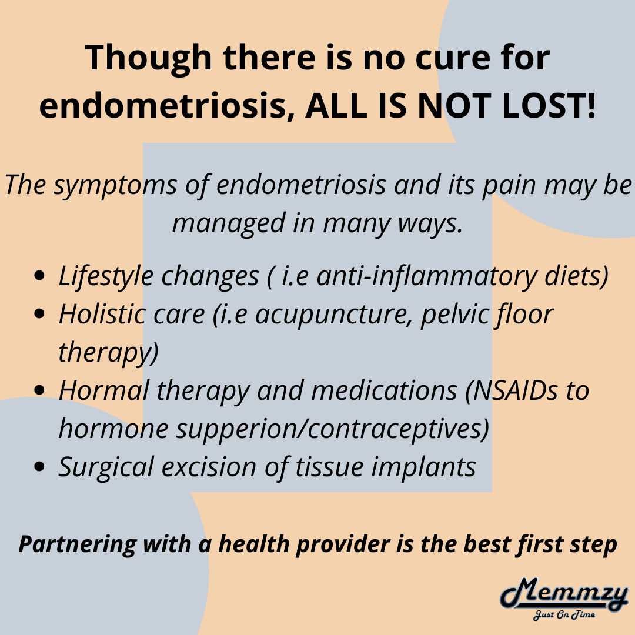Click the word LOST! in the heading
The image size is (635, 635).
click(x=549, y=105)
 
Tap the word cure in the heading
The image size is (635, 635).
click(x=452, y=58)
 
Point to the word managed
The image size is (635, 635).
click(x=228, y=224)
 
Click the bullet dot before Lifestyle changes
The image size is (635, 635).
click(x=39, y=276)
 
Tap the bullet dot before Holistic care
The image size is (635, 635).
click(x=39, y=314)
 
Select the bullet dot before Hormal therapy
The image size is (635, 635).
click(x=39, y=390)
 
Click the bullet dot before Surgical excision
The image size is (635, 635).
click(x=39, y=466)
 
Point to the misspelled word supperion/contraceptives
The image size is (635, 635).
click(x=332, y=429)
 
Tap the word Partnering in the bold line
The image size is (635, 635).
click(x=77, y=544)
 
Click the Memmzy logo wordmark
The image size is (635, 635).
click(x=564, y=594)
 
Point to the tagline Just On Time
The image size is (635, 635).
click(x=564, y=615)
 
